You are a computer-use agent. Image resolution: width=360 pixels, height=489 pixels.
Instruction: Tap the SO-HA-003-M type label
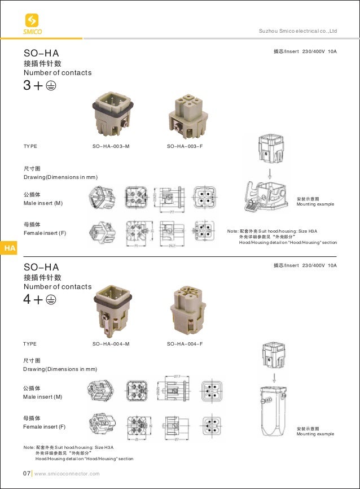click(111, 146)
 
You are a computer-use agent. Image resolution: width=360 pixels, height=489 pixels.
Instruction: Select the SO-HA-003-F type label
click(185, 146)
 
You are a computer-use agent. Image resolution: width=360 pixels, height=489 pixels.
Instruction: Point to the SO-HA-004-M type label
click(111, 344)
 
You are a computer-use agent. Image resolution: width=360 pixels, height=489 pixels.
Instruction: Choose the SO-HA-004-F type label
click(185, 344)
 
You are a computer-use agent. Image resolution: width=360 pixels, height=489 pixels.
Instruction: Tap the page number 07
click(27, 473)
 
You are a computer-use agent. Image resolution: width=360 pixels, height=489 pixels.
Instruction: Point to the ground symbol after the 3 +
click(51, 87)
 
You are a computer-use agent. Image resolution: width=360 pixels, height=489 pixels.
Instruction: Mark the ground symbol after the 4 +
click(51, 300)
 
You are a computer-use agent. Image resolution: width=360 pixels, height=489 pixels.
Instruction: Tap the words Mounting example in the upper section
click(315, 204)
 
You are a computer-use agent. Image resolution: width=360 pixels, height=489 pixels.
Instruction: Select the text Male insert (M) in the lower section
click(42, 397)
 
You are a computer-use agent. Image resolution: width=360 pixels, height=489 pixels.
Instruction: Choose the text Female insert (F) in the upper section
click(45, 233)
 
